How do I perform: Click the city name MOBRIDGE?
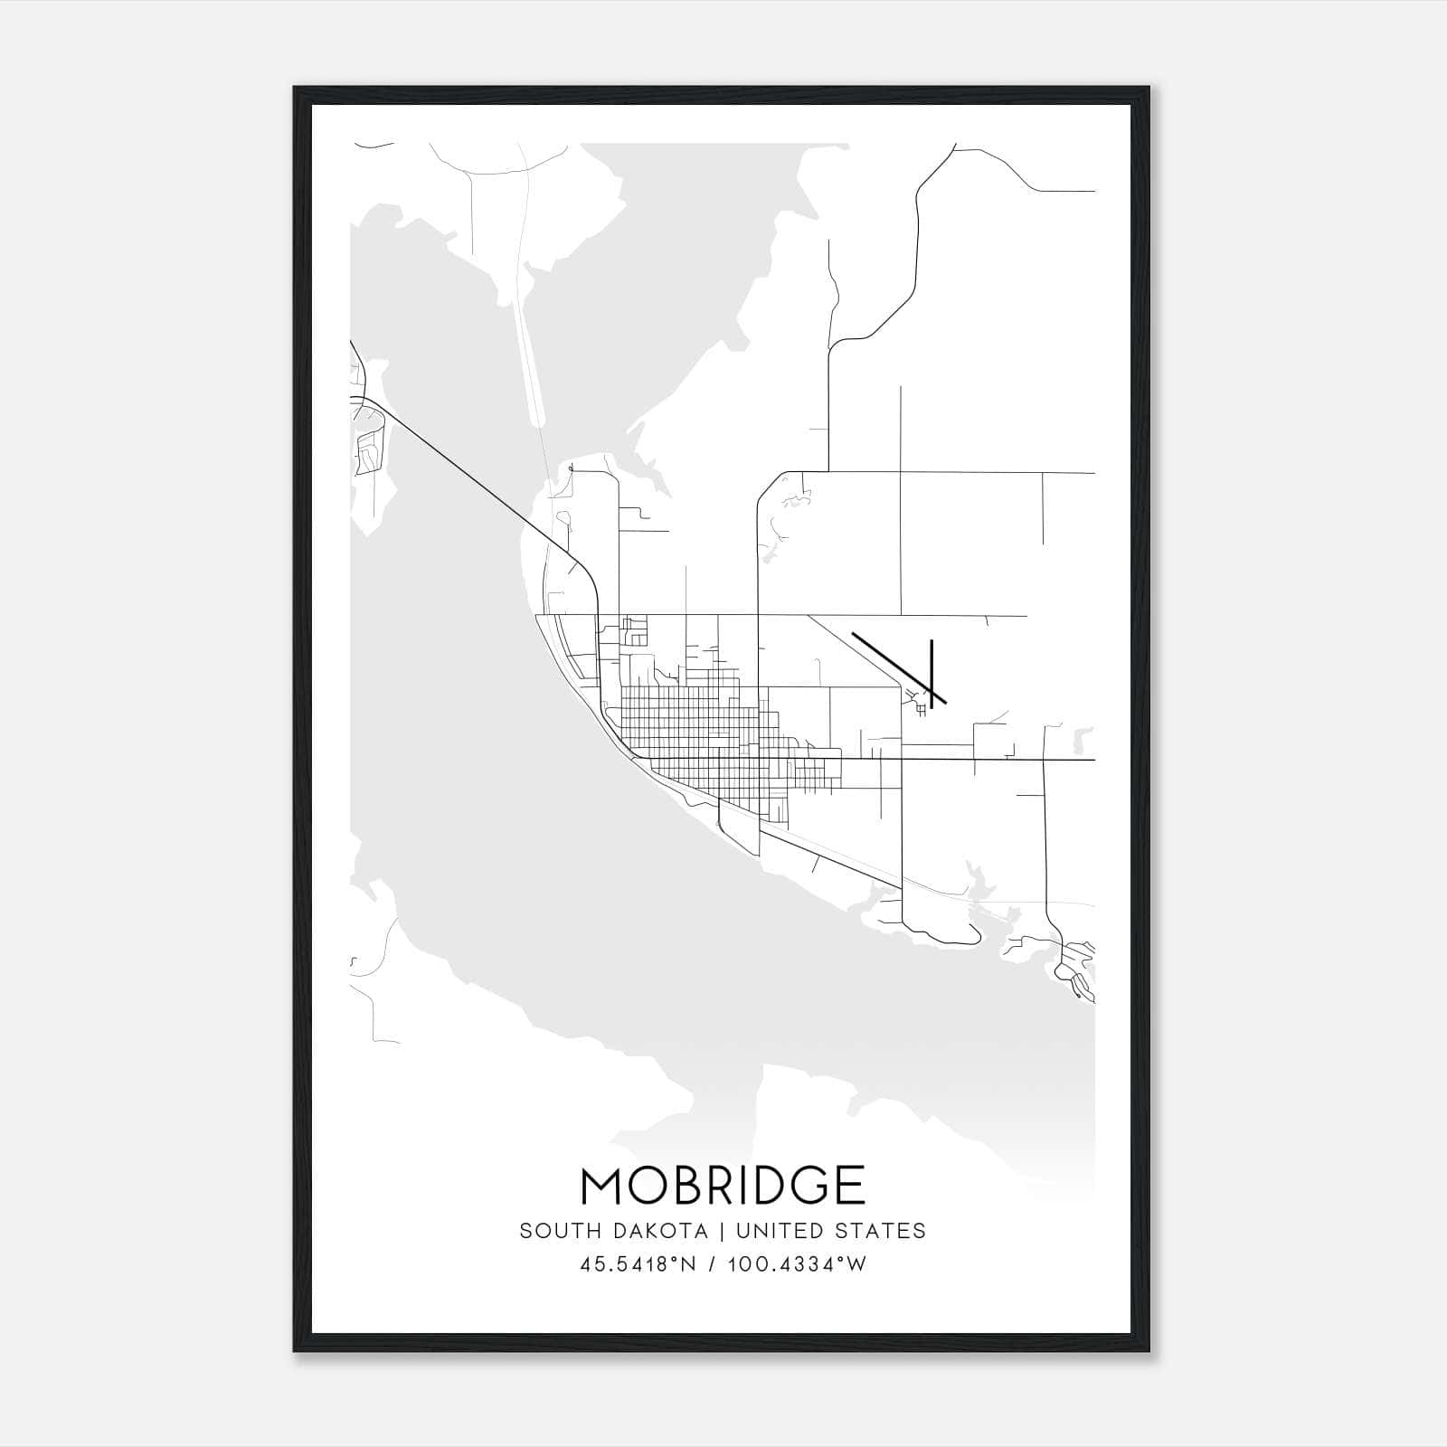723,1186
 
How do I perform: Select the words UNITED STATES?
830,1231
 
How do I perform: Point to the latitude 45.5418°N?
638,1264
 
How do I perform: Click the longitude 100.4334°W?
797,1264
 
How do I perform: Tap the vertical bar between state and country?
722,1231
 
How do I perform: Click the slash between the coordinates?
713,1264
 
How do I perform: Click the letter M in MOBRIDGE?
604,1186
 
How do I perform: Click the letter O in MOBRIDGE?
648,1186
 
